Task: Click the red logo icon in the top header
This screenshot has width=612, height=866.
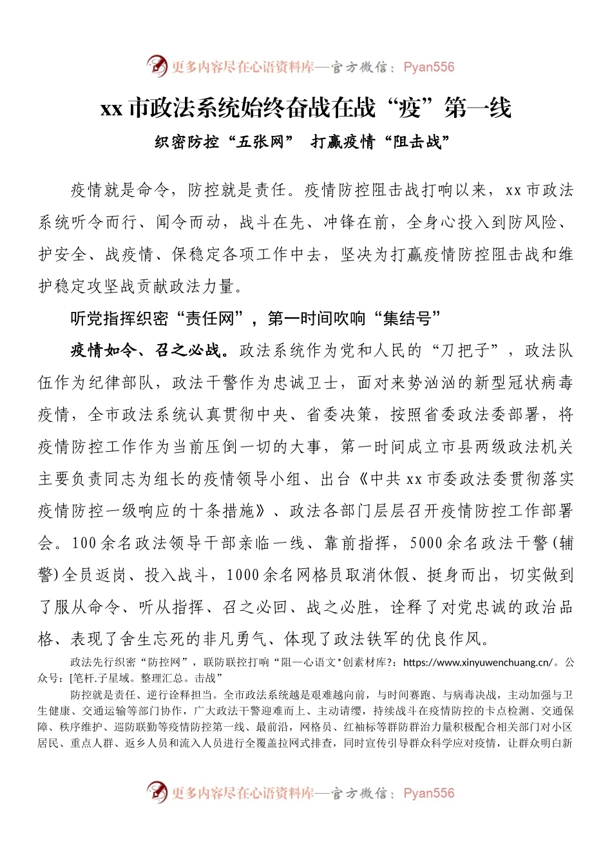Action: (157, 66)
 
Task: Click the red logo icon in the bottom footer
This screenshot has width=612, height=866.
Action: (157, 792)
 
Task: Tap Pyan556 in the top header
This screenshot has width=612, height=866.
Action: (428, 67)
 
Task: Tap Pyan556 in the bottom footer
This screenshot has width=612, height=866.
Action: (428, 793)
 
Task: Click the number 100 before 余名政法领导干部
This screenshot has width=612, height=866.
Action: (84, 543)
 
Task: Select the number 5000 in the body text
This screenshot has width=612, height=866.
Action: (426, 543)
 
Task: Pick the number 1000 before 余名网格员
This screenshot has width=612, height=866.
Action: (243, 575)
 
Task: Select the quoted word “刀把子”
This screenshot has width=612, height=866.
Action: (469, 351)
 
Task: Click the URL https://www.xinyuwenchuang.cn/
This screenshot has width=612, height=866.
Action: (477, 662)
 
